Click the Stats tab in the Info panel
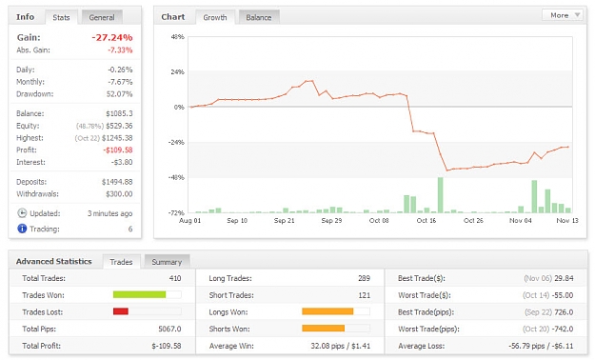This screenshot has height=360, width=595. [x=61, y=17]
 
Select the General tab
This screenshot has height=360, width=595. [x=102, y=17]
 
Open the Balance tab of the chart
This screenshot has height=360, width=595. [x=258, y=17]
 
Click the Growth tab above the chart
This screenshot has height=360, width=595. [x=215, y=17]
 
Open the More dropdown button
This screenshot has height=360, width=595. [x=563, y=15]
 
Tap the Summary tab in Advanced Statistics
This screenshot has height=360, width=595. [x=167, y=262]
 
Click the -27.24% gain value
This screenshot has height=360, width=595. [x=112, y=37]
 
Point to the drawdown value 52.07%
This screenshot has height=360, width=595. [x=120, y=93]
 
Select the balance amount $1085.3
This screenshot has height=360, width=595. [x=119, y=113]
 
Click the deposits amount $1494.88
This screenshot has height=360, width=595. [x=117, y=182]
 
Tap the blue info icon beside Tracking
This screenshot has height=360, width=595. [x=22, y=229]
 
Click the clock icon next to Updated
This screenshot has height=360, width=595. [x=22, y=213]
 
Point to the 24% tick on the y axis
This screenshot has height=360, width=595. [x=178, y=71]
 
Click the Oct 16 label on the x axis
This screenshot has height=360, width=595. [x=426, y=221]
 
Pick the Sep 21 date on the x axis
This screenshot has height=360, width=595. [x=285, y=221]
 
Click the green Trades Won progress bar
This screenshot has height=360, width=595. [x=139, y=294]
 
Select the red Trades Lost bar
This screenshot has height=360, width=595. [x=121, y=311]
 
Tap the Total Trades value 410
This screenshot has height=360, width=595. [x=175, y=278]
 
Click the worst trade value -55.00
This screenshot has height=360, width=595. [x=564, y=295]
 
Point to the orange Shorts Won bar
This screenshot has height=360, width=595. [x=324, y=329]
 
